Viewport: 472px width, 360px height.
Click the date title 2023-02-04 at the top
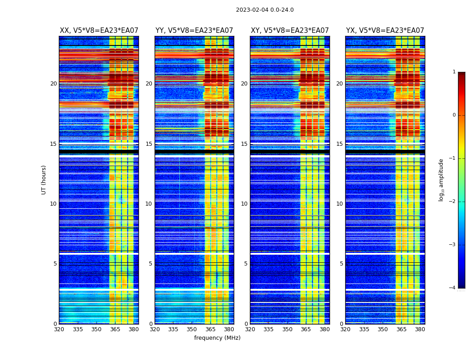pos(264,10)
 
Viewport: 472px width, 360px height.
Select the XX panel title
pos(99,31)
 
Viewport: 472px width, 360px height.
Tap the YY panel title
pos(194,31)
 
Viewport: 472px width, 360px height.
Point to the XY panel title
pos(289,31)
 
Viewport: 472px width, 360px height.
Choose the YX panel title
pos(385,31)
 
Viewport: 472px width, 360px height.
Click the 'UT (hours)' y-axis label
pos(44,180)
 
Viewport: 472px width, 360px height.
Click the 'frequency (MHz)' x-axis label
pos(217,338)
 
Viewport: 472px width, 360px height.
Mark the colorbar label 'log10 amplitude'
pos(441,180)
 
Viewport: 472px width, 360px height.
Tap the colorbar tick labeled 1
pos(454,72)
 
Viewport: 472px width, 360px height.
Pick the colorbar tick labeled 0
pos(454,115)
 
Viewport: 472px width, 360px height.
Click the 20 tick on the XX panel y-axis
pos(53,84)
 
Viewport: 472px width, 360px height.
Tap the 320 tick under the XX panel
pos(59,329)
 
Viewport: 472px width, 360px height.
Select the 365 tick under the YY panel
pos(210,329)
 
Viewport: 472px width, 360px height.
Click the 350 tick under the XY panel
pos(287,329)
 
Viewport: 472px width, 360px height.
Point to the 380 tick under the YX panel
pos(420,329)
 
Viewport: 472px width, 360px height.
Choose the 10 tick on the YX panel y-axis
pos(340,204)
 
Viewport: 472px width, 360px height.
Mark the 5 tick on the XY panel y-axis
pos(246,264)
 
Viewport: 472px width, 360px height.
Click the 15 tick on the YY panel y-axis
pos(149,144)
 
